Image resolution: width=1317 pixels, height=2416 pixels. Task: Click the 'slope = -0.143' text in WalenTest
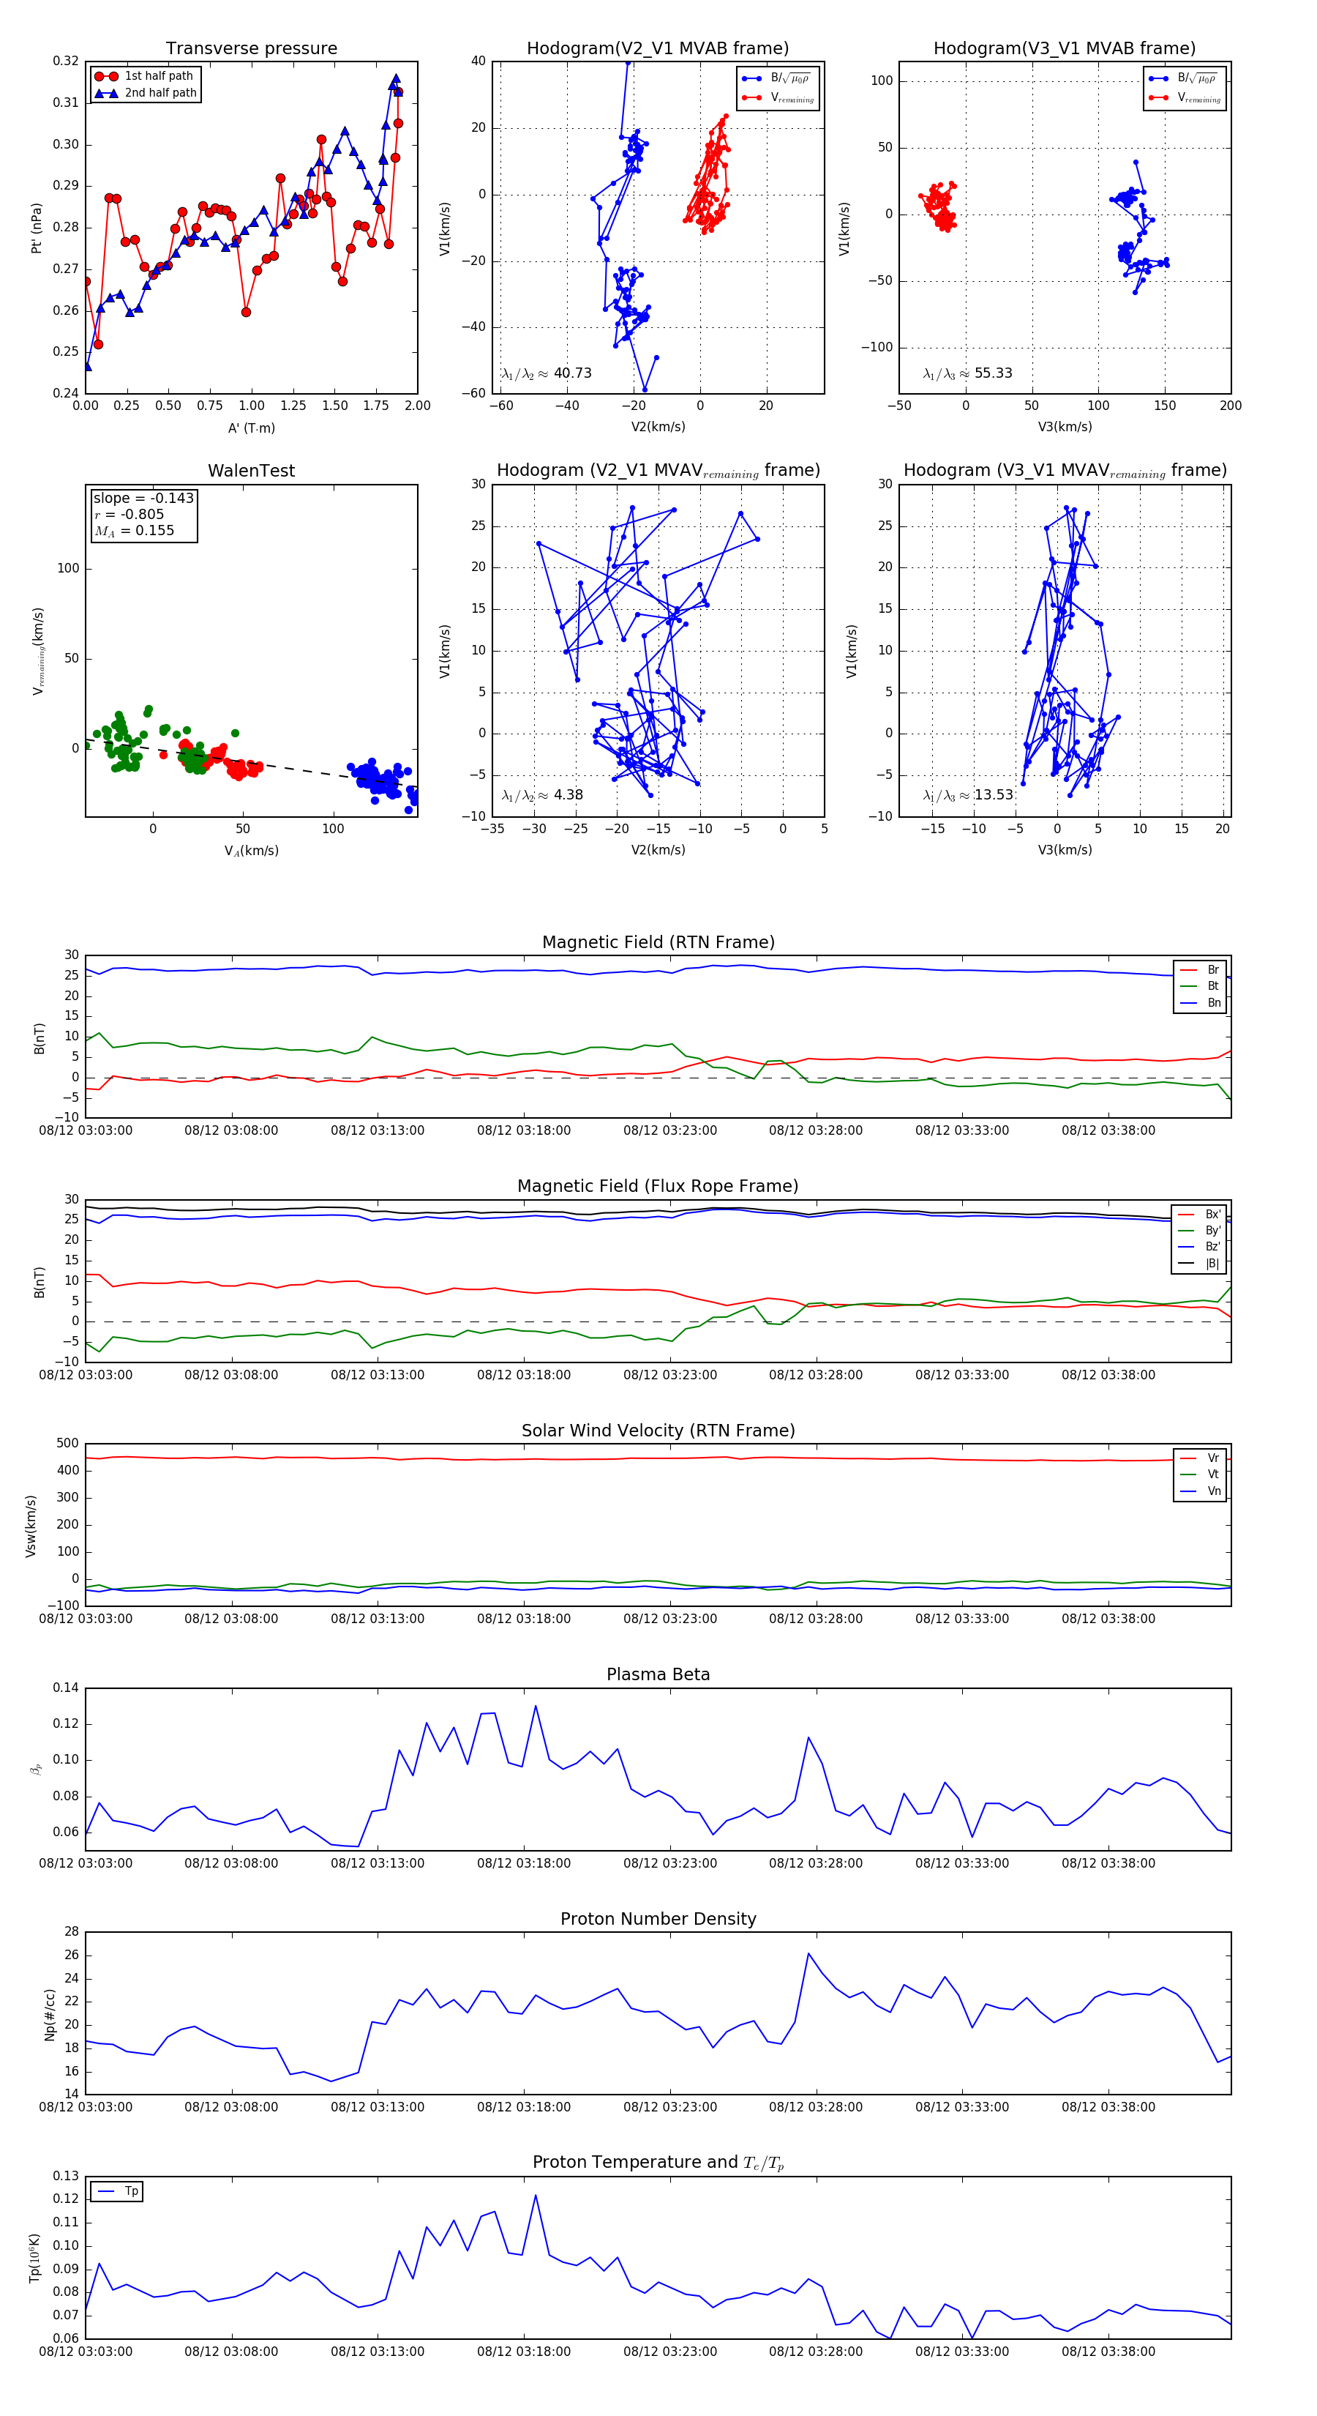[x=143, y=498]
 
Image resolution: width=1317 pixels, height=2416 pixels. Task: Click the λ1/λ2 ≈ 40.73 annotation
[x=547, y=373]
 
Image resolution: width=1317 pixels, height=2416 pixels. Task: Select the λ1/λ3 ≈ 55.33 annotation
[x=967, y=373]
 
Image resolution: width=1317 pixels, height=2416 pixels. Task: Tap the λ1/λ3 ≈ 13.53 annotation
[x=967, y=795]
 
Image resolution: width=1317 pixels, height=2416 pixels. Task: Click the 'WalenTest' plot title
[x=251, y=471]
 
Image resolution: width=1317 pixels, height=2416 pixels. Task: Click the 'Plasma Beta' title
[x=658, y=1675]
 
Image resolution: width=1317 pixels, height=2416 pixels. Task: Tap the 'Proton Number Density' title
[x=658, y=1919]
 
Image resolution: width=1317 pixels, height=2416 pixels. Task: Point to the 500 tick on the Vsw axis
[x=67, y=1444]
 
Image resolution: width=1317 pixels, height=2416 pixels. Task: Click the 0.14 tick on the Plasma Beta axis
[x=66, y=1688]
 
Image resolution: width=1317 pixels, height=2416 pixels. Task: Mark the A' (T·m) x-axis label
[x=251, y=428]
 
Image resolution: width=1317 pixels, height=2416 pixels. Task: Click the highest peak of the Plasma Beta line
[x=536, y=1706]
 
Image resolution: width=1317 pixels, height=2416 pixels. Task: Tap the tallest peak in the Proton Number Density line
[x=808, y=1953]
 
